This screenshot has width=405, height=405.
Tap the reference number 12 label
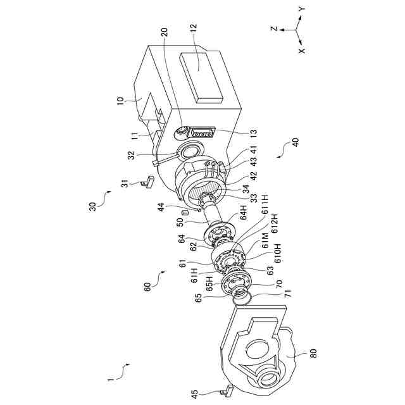(192, 27)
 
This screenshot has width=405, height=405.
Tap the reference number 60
(148, 287)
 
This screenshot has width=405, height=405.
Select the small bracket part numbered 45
(228, 391)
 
